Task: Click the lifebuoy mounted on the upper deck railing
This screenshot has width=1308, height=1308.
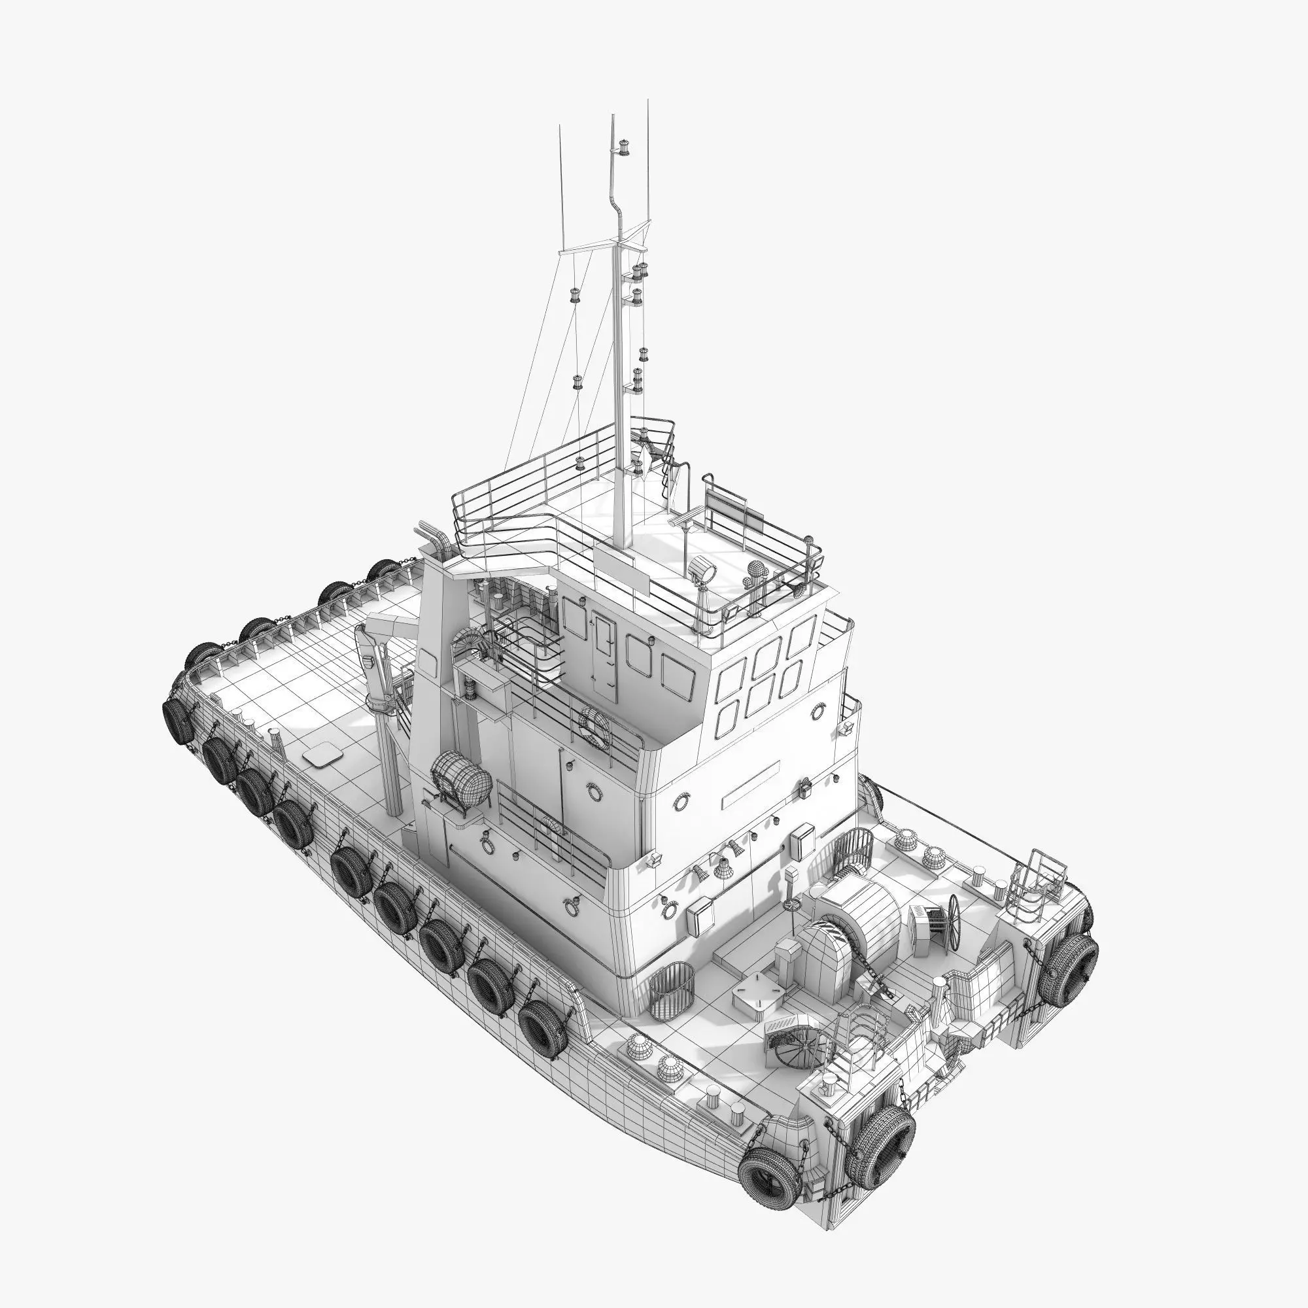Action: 595,727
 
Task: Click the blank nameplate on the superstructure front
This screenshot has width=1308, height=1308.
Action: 750,786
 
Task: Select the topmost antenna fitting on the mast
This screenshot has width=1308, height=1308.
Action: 623,147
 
